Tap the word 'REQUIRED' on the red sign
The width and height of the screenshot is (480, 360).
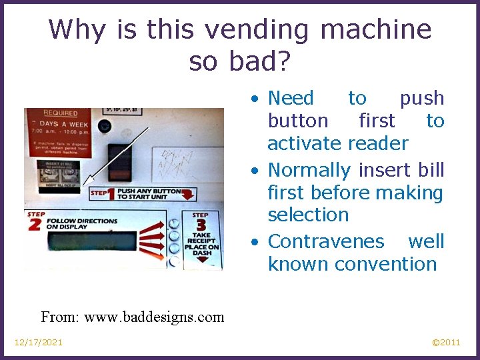(61, 113)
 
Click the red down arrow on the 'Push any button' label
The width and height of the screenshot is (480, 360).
(189, 194)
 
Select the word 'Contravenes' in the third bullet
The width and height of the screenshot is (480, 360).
(326, 241)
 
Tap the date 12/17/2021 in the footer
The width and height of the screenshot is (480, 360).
(39, 342)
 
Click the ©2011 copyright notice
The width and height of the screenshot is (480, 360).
(445, 342)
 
